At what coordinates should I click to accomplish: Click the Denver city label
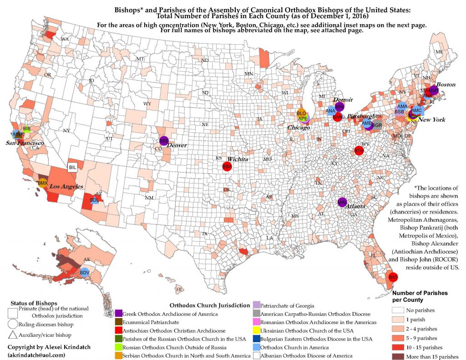[177, 145]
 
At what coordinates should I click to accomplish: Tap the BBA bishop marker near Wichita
[227, 167]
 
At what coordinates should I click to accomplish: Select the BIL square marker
[72, 167]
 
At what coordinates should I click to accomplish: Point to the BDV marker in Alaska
[85, 273]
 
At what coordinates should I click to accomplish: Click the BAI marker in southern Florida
[393, 277]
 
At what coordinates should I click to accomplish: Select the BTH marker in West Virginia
[359, 150]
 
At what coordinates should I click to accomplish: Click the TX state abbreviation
[205, 234]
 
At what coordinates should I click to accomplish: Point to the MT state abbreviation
[140, 60]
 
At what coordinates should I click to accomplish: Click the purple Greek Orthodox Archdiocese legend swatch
[119, 313]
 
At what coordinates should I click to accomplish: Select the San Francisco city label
[23, 143]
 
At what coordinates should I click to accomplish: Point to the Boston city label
[446, 85]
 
